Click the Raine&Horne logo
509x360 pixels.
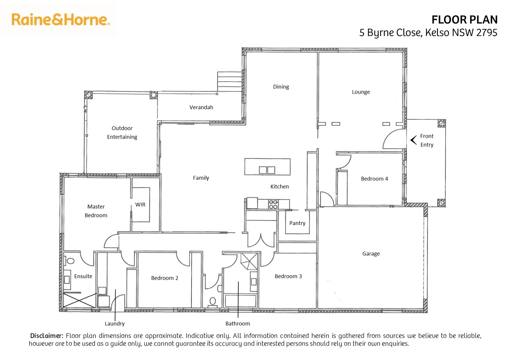click(61, 20)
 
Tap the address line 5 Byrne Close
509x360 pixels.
click(428, 33)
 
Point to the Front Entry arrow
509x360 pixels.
click(414, 140)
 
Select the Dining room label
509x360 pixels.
click(281, 87)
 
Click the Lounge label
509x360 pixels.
click(361, 92)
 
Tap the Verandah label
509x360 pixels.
click(201, 107)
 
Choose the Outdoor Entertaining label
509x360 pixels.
click(122, 133)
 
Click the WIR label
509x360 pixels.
click(140, 205)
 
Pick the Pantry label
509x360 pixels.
click(297, 223)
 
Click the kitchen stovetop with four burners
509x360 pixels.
click(273, 204)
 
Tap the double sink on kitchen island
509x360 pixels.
click(267, 170)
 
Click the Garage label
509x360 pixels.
click(371, 254)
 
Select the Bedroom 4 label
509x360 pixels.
click(374, 179)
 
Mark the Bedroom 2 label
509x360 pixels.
click(165, 278)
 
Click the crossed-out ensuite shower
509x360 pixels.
click(79, 300)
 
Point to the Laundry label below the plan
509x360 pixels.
click(115, 324)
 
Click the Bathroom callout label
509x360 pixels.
click(238, 324)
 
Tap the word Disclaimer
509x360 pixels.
click(46, 336)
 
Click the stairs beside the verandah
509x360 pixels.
click(230, 81)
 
